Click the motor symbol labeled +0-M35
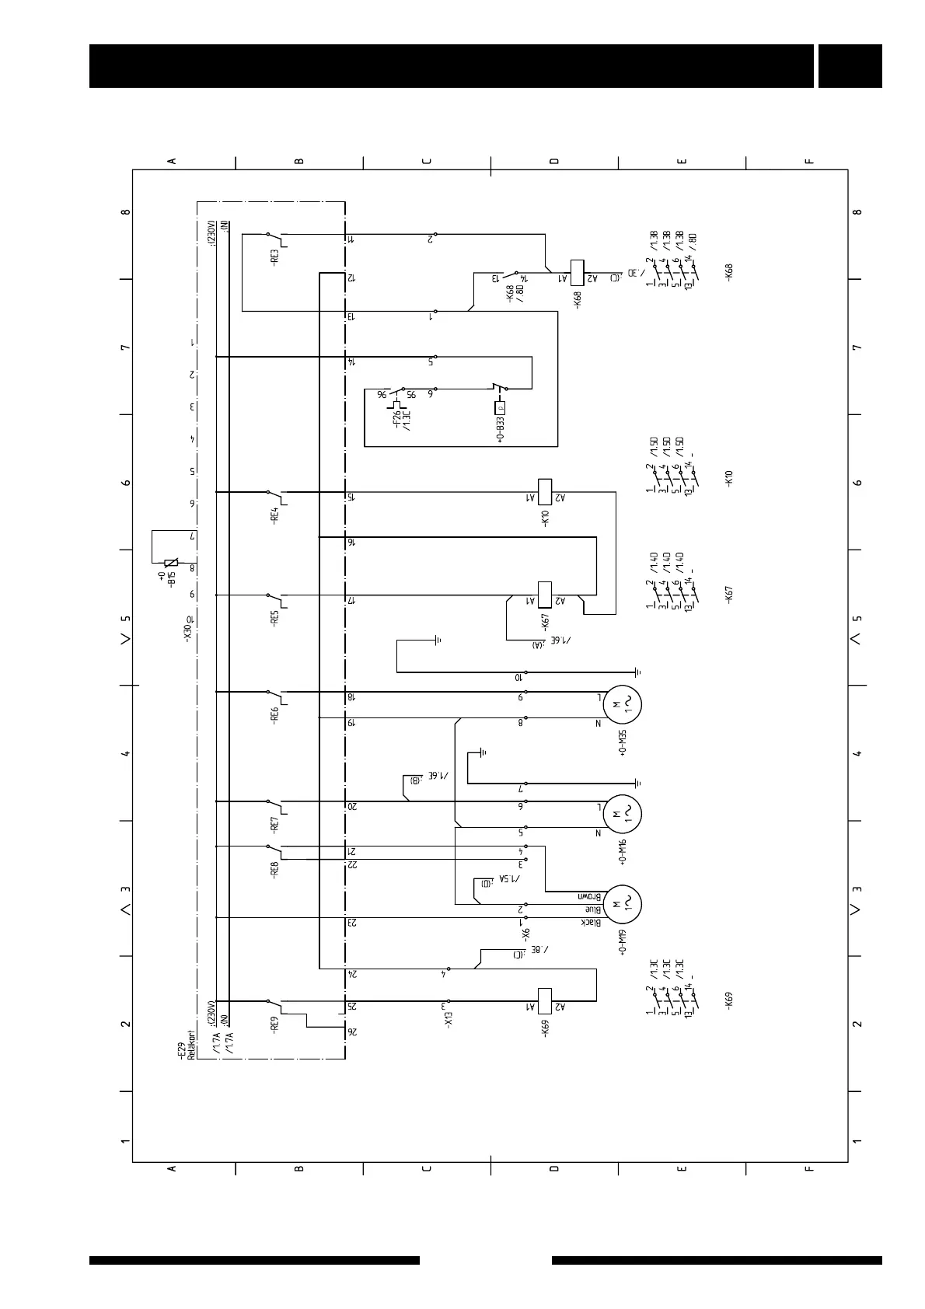pos(623,704)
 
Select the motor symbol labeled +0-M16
pos(623,813)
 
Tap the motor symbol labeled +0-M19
pos(623,903)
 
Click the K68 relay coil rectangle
pos(578,271)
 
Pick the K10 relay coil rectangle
pos(545,491)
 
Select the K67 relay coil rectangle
pos(545,594)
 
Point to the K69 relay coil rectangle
pos(545,1000)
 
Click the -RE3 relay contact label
pos(274,256)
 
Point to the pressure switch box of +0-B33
pos(500,407)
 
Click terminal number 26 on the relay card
pos(352,1031)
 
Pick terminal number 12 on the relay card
pos(351,278)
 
